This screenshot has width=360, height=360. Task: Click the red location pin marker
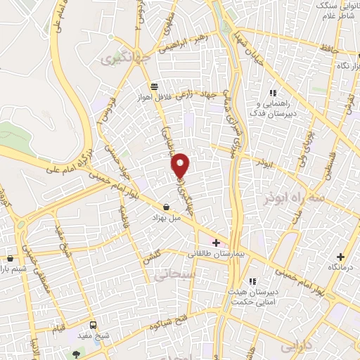[181, 165]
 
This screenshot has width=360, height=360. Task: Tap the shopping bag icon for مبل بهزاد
[166, 207]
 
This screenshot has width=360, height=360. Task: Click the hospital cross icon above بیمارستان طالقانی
[216, 242]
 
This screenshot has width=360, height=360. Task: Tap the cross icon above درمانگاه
[340, 257]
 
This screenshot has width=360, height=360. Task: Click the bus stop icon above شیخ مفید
[94, 326]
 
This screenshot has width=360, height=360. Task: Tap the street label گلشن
[153, 256]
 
